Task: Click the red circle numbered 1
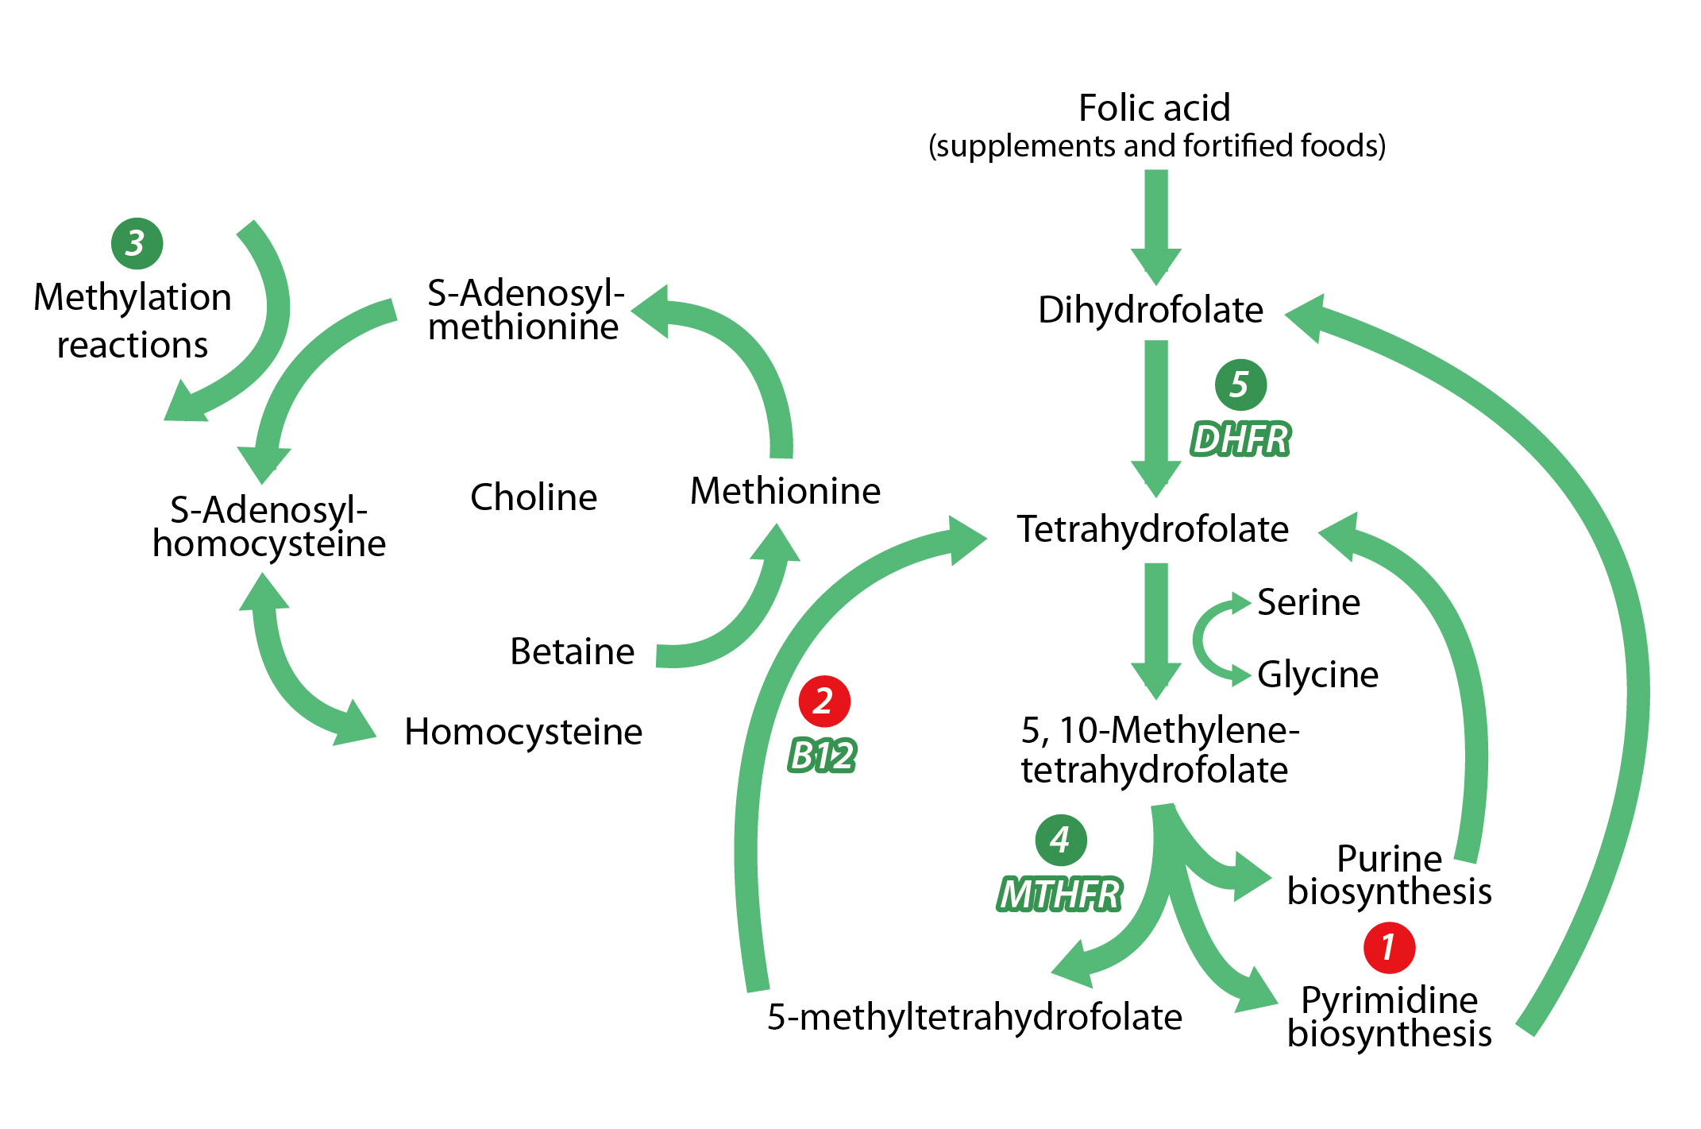pyautogui.click(x=1389, y=947)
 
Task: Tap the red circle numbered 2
pyautogui.click(x=824, y=701)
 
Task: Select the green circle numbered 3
pyautogui.click(x=137, y=243)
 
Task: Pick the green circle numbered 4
pyautogui.click(x=1061, y=840)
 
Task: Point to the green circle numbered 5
pyautogui.click(x=1240, y=385)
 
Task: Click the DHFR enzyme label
pyautogui.click(x=1240, y=439)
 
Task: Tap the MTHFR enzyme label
pyautogui.click(x=1059, y=895)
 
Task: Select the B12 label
pyautogui.click(x=823, y=755)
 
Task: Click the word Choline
pyautogui.click(x=534, y=497)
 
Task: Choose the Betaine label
pyautogui.click(x=572, y=651)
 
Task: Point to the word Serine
pyautogui.click(x=1309, y=602)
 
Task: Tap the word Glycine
pyautogui.click(x=1317, y=675)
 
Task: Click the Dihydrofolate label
pyautogui.click(x=1150, y=310)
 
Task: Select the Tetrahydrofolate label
pyautogui.click(x=1153, y=529)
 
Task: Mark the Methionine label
pyautogui.click(x=785, y=491)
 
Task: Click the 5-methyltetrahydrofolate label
pyautogui.click(x=974, y=1017)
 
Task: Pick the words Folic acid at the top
pyautogui.click(x=1155, y=108)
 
